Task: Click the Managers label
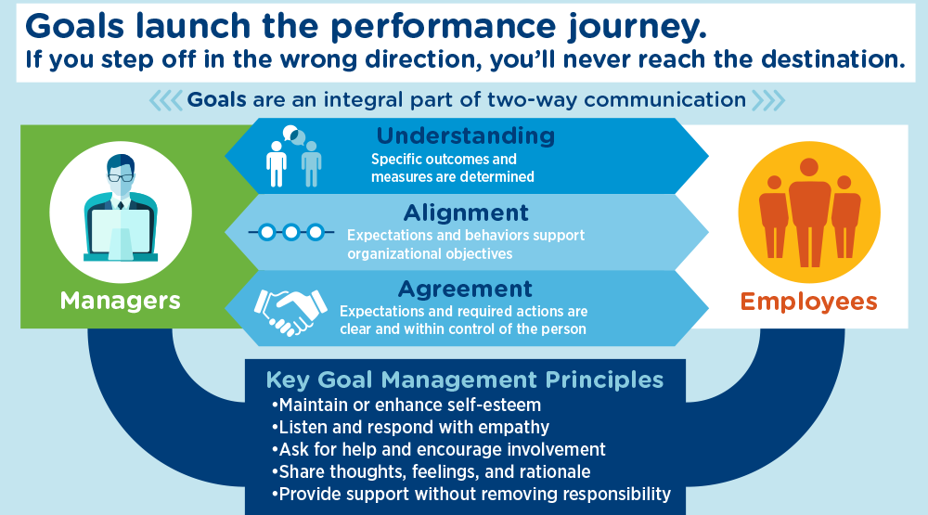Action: pos(121,301)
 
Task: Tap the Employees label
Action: pos(808,301)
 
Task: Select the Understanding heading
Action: pos(465,136)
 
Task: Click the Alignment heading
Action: pos(466,212)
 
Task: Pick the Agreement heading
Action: pos(465,289)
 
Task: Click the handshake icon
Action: pos(290,309)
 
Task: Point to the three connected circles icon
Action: pos(290,232)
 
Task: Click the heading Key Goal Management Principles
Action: pos(465,380)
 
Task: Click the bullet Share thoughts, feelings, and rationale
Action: pos(432,472)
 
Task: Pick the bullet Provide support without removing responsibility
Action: pos(470,495)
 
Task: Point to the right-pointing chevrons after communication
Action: pos(767,99)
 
